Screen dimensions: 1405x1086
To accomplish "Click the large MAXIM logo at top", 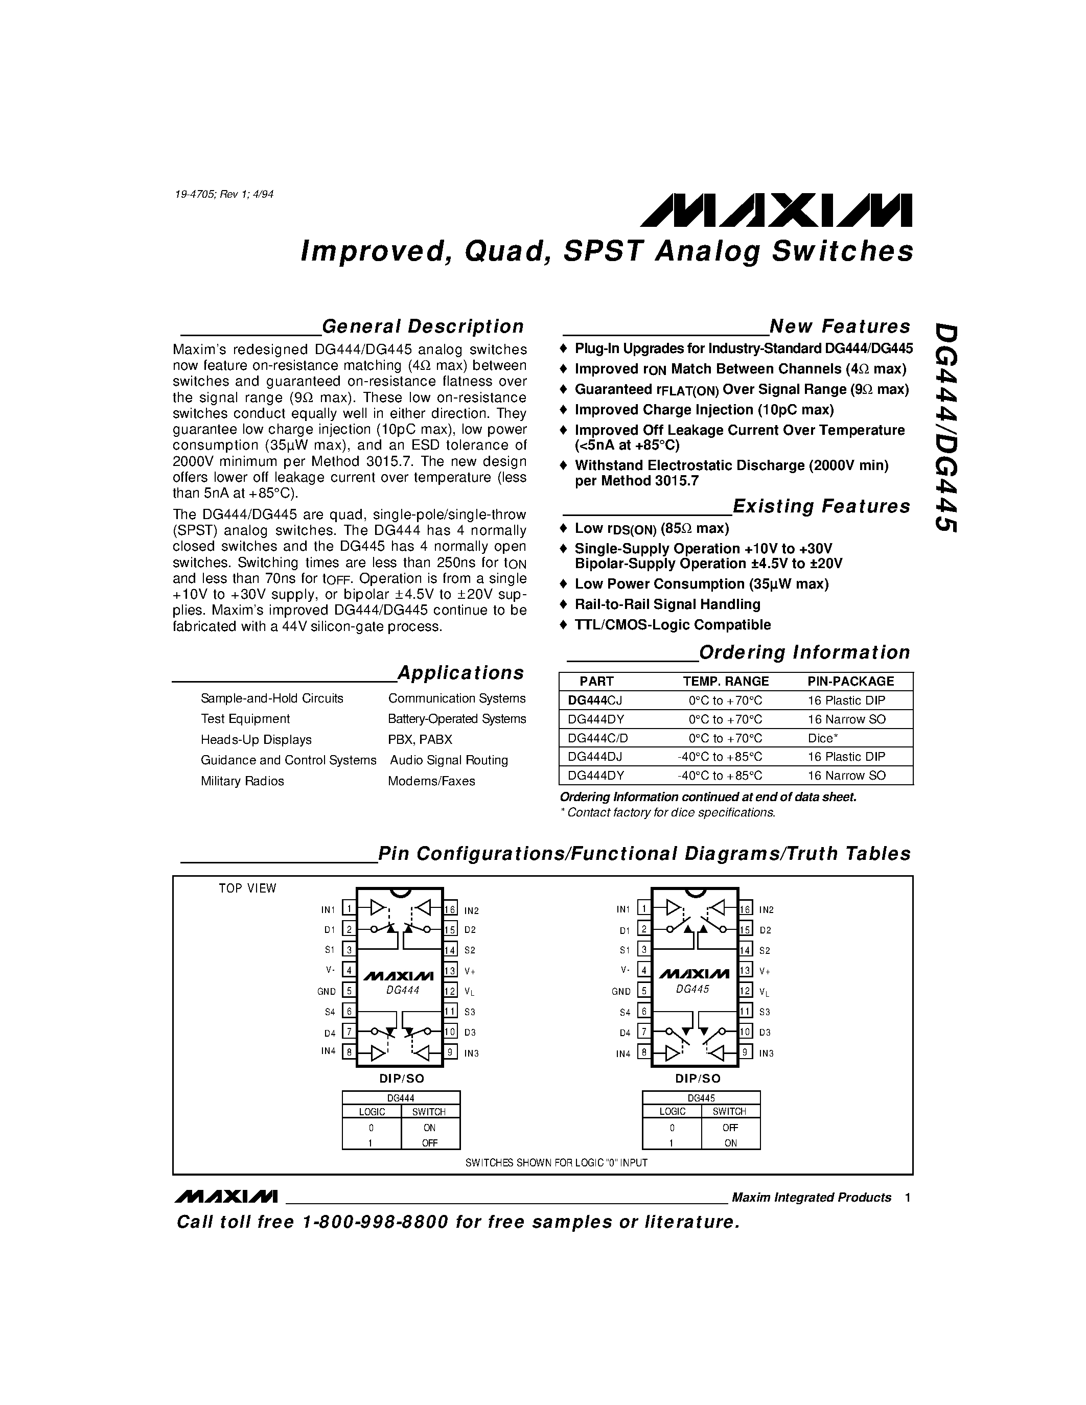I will (x=775, y=210).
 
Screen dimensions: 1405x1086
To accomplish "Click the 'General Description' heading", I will (x=423, y=326).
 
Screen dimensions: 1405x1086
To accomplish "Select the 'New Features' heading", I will (x=840, y=326).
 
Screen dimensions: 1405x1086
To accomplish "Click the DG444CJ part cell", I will (x=595, y=700).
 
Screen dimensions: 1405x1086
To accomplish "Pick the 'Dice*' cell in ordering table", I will (x=823, y=738).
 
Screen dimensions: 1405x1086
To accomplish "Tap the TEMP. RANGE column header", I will (x=726, y=681).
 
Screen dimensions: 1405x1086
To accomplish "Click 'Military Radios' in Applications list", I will (x=243, y=781).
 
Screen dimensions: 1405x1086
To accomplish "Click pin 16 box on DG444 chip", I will (x=450, y=909).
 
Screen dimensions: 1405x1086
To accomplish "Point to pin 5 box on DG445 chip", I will (x=643, y=991).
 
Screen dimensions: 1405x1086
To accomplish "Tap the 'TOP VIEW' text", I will (x=247, y=888).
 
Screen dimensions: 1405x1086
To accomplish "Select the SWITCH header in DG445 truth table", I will (x=730, y=1112).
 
